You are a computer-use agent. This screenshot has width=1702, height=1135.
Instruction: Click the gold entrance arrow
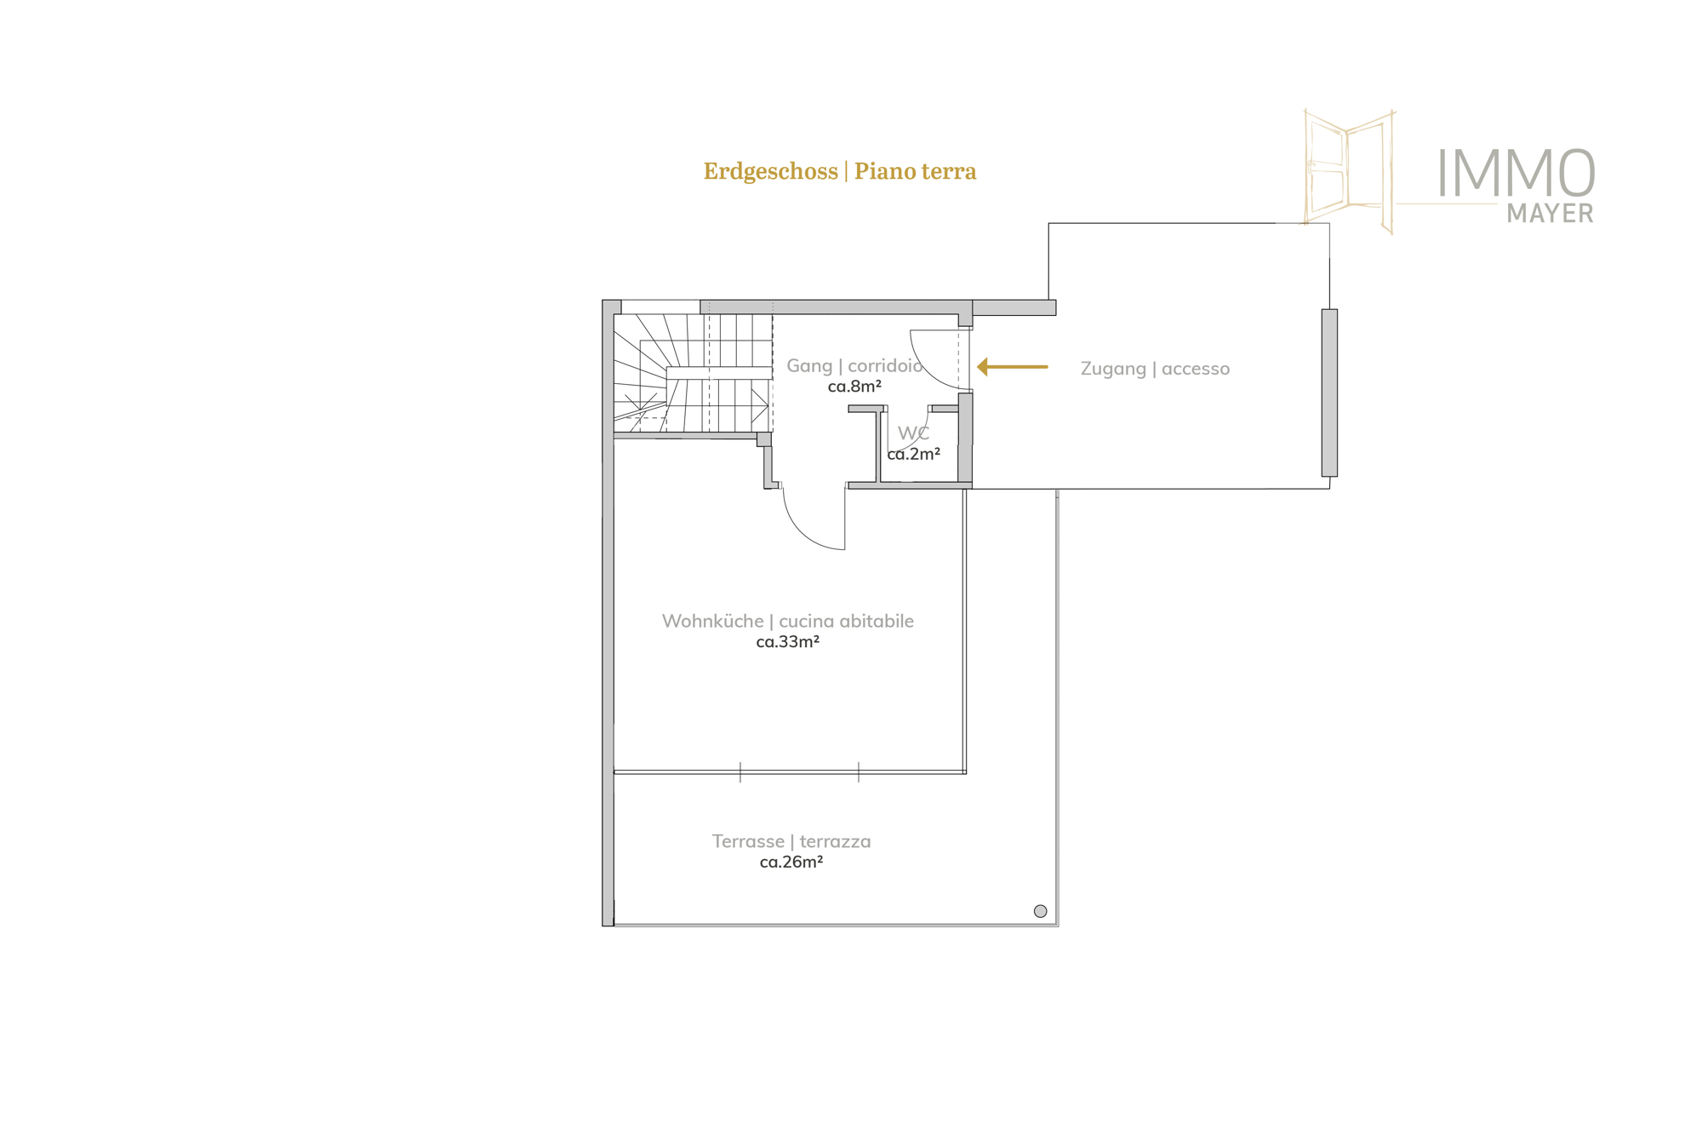(x=1012, y=367)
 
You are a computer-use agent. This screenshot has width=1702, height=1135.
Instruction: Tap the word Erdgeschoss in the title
(x=770, y=171)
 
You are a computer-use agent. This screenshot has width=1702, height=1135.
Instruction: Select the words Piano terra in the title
(x=916, y=171)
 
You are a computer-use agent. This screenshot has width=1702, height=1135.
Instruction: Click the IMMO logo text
(x=1516, y=173)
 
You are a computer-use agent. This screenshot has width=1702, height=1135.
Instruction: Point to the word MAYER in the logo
(x=1550, y=213)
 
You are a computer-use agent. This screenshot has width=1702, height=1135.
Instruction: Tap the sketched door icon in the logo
(x=1350, y=171)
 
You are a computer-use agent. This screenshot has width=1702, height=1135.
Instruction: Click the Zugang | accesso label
(x=1155, y=369)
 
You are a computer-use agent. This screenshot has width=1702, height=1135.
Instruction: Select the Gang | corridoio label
(x=854, y=365)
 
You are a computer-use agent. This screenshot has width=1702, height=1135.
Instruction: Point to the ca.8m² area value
(x=854, y=387)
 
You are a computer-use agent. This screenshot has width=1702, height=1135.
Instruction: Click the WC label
(x=913, y=433)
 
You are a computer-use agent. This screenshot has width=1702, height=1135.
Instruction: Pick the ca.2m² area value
(x=913, y=455)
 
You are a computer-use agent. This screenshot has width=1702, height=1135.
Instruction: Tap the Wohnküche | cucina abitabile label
(x=788, y=622)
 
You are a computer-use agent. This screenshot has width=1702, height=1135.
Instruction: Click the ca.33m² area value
(x=788, y=642)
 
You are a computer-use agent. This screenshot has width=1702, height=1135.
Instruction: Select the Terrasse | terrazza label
(x=791, y=841)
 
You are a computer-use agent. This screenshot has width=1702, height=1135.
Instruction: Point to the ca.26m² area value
(x=791, y=863)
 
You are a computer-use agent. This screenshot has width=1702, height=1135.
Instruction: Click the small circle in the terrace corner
(x=1040, y=911)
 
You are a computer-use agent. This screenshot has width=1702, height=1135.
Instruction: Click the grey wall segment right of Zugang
(x=1329, y=393)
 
